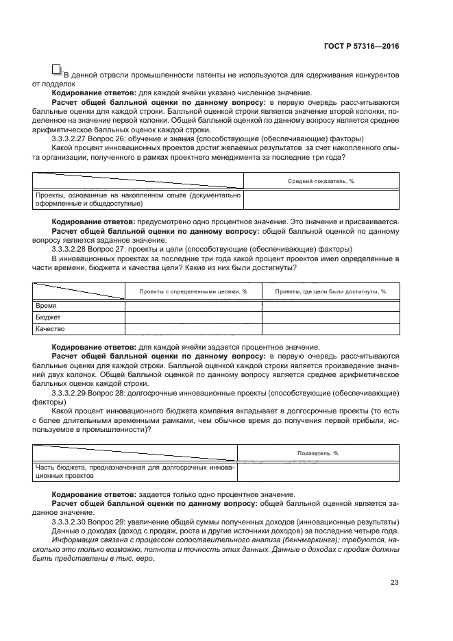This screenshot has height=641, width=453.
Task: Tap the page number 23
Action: tap(394, 583)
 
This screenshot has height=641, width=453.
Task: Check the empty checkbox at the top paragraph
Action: tap(56, 69)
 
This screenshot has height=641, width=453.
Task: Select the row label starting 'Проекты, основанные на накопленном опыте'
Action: tap(137, 199)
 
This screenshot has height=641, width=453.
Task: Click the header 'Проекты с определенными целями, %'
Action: tap(193, 291)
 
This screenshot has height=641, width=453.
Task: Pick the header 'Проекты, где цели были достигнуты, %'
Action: tap(330, 291)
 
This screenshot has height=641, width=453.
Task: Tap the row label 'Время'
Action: tap(45, 306)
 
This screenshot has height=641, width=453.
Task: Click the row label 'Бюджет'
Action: tap(47, 317)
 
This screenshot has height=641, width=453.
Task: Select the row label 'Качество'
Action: tap(50, 329)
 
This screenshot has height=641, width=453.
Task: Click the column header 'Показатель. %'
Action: tap(318, 453)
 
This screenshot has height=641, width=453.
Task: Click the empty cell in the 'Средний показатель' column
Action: tap(321, 199)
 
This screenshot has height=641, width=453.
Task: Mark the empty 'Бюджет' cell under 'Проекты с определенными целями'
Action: tap(193, 318)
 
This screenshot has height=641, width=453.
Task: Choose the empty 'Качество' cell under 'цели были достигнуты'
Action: tap(330, 329)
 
